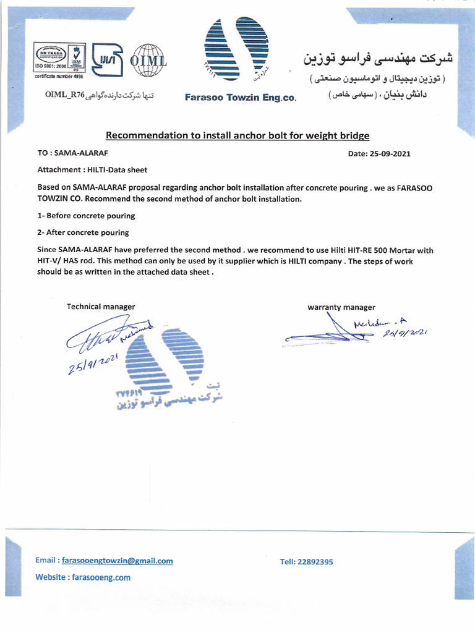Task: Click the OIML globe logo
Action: pyautogui.click(x=146, y=61)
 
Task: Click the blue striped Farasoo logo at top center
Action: pyautogui.click(x=237, y=52)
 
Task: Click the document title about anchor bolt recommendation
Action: pyautogui.click(x=237, y=135)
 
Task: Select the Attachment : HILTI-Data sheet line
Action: pyautogui.click(x=92, y=169)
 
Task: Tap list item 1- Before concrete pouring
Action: pyautogui.click(x=86, y=216)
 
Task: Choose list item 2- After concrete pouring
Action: pyautogui.click(x=83, y=232)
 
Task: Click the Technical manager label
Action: pyautogui.click(x=101, y=307)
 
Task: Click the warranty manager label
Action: pyautogui.click(x=341, y=307)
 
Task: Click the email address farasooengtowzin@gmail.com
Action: pyautogui.click(x=121, y=561)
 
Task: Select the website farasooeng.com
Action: pyautogui.click(x=101, y=577)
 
